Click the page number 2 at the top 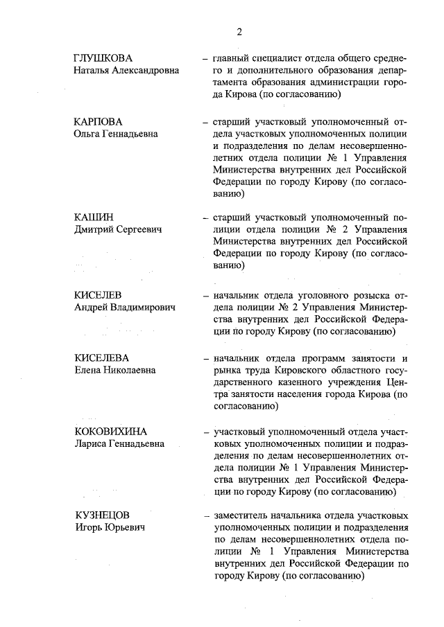point(239,31)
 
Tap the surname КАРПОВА point(99,121)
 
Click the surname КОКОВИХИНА point(111,432)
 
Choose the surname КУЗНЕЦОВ point(102,516)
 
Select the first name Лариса point(91,443)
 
